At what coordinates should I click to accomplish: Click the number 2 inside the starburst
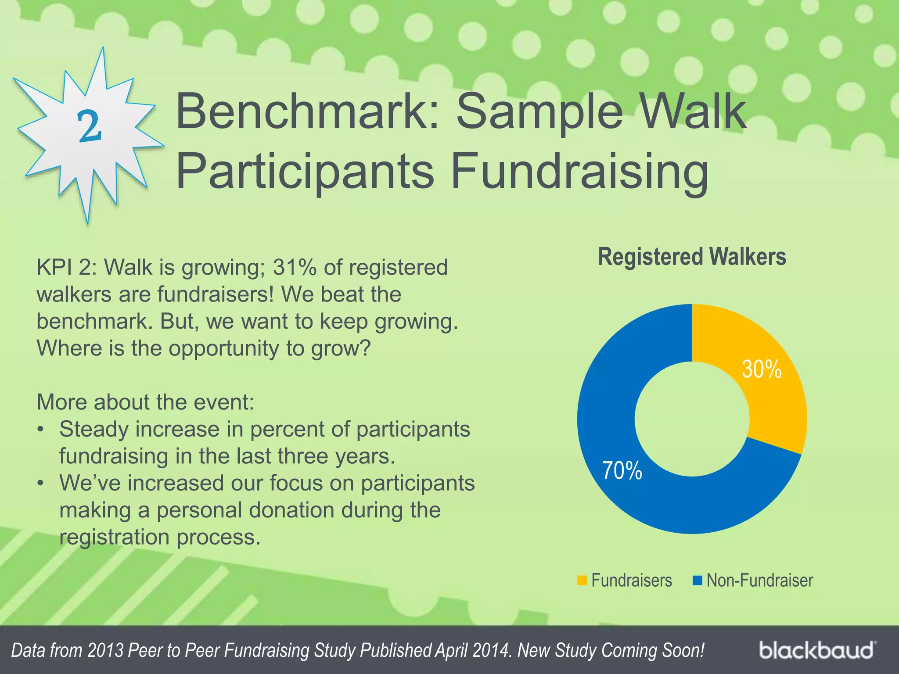click(90, 126)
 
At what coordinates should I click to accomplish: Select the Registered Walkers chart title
click(692, 257)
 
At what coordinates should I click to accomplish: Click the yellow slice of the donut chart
click(773, 395)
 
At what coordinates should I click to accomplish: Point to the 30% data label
click(762, 369)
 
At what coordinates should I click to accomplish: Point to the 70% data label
click(622, 470)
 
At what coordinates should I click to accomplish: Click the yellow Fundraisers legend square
click(582, 580)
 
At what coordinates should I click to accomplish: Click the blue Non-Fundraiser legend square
click(697, 580)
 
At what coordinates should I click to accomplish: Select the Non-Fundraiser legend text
click(759, 580)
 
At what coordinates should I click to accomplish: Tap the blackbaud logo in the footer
click(816, 650)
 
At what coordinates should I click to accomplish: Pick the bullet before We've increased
click(40, 483)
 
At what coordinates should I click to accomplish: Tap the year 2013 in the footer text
click(105, 650)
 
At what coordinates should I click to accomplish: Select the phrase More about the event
click(145, 402)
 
